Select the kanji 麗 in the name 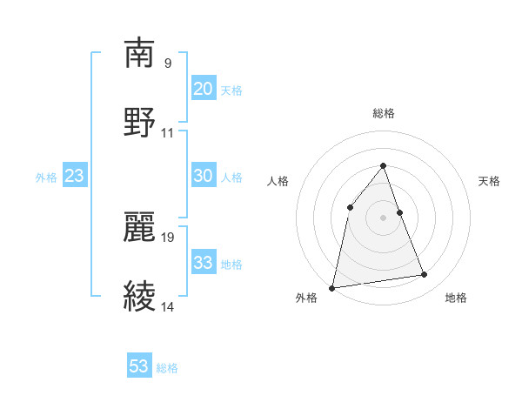click(x=140, y=225)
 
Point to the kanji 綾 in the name click(x=140, y=295)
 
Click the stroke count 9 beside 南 click(x=167, y=63)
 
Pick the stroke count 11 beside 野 click(x=168, y=132)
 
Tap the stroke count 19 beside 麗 click(x=169, y=236)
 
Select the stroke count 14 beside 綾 click(x=168, y=306)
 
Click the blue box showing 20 click(x=204, y=88)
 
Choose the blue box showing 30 click(x=204, y=176)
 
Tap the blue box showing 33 click(x=204, y=262)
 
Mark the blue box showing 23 click(x=75, y=176)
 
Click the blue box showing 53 click(x=139, y=366)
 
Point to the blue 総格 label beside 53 click(x=167, y=368)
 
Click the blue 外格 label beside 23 click(x=46, y=178)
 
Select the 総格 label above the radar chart click(x=384, y=113)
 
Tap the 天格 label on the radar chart click(x=490, y=181)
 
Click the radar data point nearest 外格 click(x=332, y=287)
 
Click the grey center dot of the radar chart click(x=384, y=218)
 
